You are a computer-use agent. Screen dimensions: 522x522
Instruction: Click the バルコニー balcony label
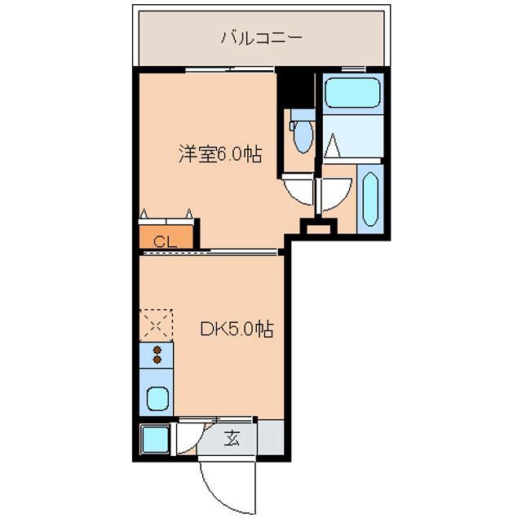tap(261, 38)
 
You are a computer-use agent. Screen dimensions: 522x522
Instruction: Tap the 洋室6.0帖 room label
tap(220, 153)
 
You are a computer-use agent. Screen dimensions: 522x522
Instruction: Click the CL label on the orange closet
tap(165, 240)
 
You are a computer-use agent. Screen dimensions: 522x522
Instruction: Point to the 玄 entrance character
tap(232, 439)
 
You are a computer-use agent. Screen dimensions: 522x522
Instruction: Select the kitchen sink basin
tap(157, 400)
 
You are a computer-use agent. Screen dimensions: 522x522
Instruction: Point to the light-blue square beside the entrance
tap(153, 440)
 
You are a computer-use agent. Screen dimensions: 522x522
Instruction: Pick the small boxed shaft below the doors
tap(317, 228)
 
